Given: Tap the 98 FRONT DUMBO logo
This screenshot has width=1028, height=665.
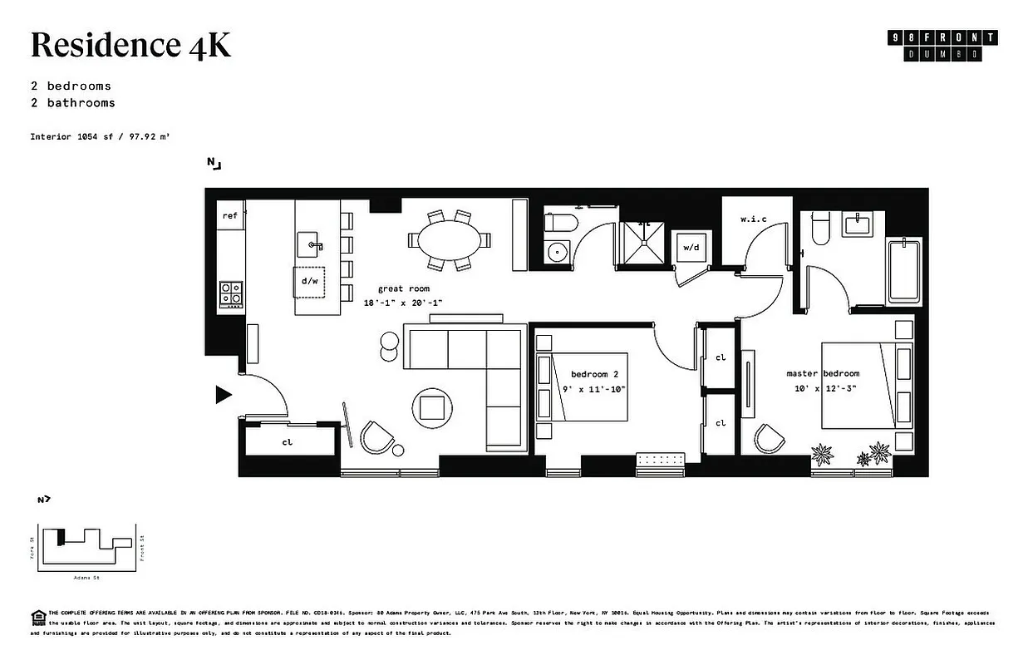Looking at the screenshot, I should (942, 46).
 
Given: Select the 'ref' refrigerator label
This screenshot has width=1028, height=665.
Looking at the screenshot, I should (230, 216).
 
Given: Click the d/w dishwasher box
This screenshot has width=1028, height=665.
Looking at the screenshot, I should (310, 281).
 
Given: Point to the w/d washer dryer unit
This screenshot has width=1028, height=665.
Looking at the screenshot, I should (691, 248).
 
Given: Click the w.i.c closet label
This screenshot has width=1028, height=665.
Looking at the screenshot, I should (753, 219).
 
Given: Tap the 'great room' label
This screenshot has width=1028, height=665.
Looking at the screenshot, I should (402, 288).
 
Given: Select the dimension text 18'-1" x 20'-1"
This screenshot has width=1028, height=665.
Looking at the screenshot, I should (402, 303).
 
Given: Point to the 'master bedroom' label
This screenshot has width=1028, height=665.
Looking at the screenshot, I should (822, 373).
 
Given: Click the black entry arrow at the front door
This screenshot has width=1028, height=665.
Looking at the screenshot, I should (223, 395).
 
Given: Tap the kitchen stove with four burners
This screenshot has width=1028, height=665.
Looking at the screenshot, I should (231, 293).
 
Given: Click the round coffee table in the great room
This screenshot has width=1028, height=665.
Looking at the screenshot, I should (432, 407).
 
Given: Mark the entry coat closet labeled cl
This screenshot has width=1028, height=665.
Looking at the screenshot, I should (288, 441).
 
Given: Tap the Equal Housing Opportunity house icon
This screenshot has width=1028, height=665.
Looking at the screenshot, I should (37, 616).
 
